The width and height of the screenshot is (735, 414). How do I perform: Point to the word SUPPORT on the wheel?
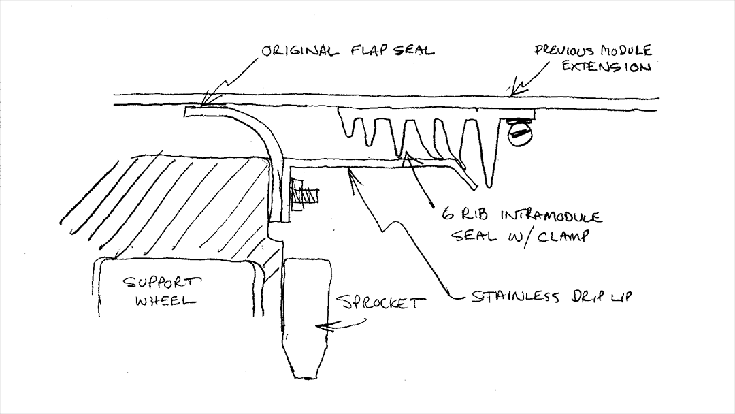(162, 281)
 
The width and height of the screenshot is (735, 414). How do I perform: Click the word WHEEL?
(163, 301)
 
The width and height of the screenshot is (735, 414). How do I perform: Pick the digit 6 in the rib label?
(448, 215)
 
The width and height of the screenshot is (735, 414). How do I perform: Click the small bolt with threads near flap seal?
(302, 193)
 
